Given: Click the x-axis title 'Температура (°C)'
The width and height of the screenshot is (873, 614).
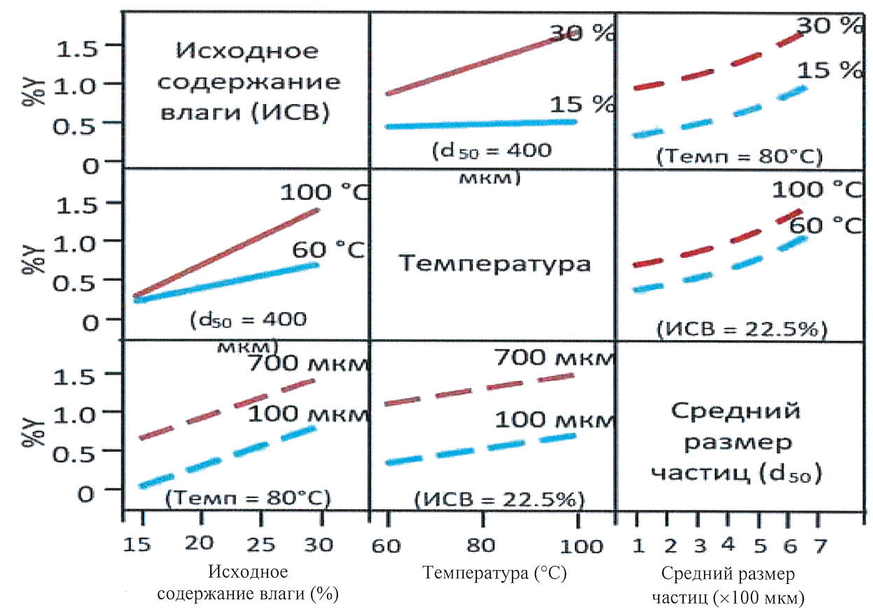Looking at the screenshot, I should (494, 574).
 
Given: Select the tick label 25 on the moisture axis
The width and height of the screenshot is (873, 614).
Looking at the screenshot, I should (261, 543).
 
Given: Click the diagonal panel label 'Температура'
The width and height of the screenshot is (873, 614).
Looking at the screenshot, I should (494, 264).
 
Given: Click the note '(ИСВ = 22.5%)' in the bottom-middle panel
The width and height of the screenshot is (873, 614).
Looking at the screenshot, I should (499, 500).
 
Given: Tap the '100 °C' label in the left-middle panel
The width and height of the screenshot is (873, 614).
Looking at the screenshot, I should (323, 192).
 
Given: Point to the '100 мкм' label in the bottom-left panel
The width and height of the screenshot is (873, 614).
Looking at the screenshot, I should (307, 414).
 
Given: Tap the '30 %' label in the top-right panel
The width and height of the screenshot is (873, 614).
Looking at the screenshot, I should (830, 26).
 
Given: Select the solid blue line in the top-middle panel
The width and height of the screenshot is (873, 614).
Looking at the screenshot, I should (482, 124).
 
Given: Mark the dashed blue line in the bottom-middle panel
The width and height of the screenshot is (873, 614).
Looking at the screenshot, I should (482, 449).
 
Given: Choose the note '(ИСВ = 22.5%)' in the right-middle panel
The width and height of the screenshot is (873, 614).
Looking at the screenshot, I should (741, 328).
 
